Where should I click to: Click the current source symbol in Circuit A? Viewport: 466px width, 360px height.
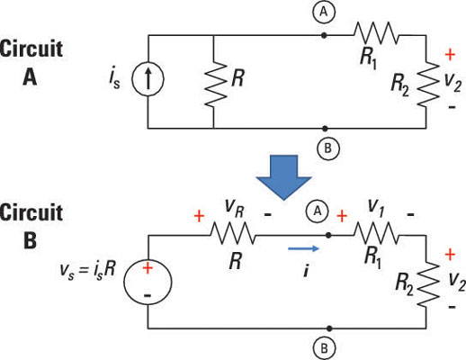tap(148, 78)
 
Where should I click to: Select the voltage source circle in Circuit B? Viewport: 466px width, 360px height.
tap(148, 282)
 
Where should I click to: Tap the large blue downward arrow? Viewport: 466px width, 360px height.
tap(283, 177)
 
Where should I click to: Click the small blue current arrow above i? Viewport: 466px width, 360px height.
tap(303, 248)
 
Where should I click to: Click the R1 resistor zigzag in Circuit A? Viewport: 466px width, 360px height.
tap(376, 32)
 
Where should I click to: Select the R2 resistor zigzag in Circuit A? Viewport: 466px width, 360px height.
tap(429, 84)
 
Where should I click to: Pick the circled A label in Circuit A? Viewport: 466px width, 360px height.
tap(324, 12)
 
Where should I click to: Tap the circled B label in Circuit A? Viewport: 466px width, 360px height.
tap(328, 148)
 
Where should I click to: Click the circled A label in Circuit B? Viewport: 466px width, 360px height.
tap(318, 211)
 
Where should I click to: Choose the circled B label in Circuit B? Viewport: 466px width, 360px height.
tap(324, 349)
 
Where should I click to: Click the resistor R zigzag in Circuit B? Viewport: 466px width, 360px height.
tap(233, 233)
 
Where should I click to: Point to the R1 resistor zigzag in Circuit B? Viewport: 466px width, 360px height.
tap(376, 233)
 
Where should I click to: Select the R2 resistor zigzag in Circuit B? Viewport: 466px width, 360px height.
tap(429, 284)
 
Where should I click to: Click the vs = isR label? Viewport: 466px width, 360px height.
tap(87, 271)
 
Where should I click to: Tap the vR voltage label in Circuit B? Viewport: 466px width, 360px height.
tap(235, 208)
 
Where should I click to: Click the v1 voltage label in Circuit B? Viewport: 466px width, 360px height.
tap(375, 206)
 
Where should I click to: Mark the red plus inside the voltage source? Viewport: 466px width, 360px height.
tap(148, 268)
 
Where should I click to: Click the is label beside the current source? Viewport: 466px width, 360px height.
tap(114, 79)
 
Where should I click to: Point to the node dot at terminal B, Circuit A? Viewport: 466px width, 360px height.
tap(325, 129)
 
